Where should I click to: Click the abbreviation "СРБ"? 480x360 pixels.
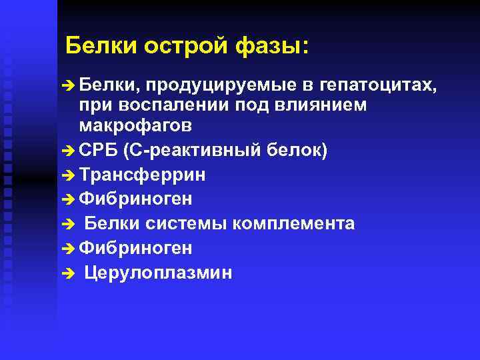[x=98, y=151]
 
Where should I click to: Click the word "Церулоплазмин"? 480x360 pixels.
[x=159, y=273]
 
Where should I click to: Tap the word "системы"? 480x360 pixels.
[x=187, y=224]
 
